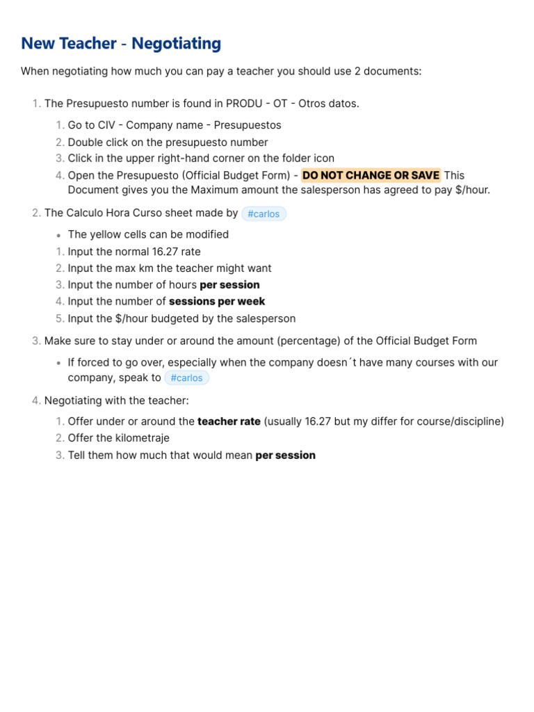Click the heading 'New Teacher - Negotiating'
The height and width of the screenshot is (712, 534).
tap(121, 44)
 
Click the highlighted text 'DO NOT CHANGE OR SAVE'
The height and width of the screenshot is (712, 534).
tap(371, 175)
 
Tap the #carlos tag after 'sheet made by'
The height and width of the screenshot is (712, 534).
tap(264, 213)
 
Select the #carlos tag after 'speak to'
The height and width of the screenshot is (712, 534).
tap(186, 378)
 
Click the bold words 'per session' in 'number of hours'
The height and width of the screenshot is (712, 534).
tap(229, 285)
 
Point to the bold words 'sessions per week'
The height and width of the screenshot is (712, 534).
tap(217, 302)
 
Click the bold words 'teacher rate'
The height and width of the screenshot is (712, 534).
tap(229, 421)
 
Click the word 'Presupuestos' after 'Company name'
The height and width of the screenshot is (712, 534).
tap(248, 125)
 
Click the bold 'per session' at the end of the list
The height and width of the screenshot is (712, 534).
tap(285, 455)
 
